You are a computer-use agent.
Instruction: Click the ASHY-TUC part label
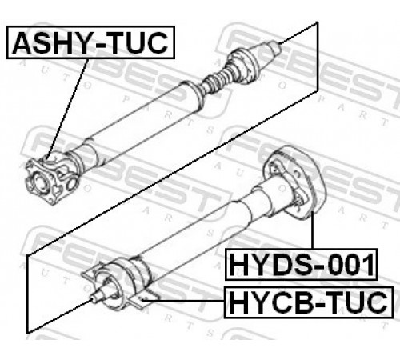(90, 42)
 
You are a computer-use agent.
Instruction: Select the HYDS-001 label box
(301, 264)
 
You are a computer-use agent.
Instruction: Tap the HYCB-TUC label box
(309, 302)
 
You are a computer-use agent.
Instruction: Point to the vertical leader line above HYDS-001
(312, 230)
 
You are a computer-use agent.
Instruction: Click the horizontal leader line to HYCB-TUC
(183, 301)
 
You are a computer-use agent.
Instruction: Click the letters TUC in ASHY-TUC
(138, 42)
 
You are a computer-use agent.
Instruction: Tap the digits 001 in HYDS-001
(351, 265)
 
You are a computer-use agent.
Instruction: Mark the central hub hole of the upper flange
(41, 182)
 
